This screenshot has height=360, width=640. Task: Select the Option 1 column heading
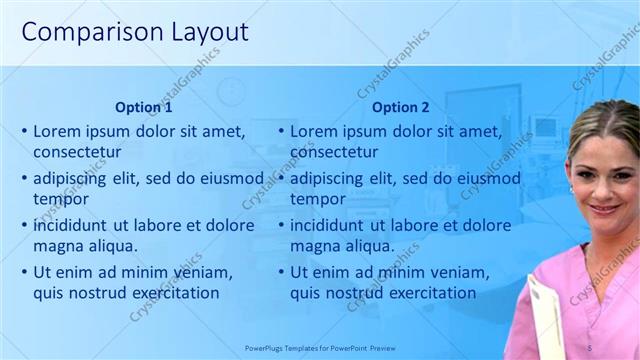[144, 107]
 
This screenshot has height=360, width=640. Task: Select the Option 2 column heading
[400, 107]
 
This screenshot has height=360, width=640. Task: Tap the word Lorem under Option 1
[58, 131]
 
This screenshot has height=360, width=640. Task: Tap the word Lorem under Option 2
[315, 131]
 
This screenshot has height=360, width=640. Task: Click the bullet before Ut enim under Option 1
[24, 272]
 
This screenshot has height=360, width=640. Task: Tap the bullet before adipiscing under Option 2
[281, 179]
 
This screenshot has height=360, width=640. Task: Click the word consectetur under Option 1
[77, 152]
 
